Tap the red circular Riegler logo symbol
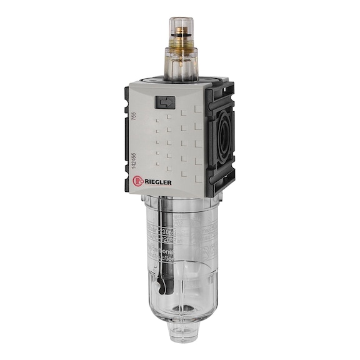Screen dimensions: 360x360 point(139,182)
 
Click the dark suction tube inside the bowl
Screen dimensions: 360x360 point(159,244)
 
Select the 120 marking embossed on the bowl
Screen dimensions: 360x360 point(169,238)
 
